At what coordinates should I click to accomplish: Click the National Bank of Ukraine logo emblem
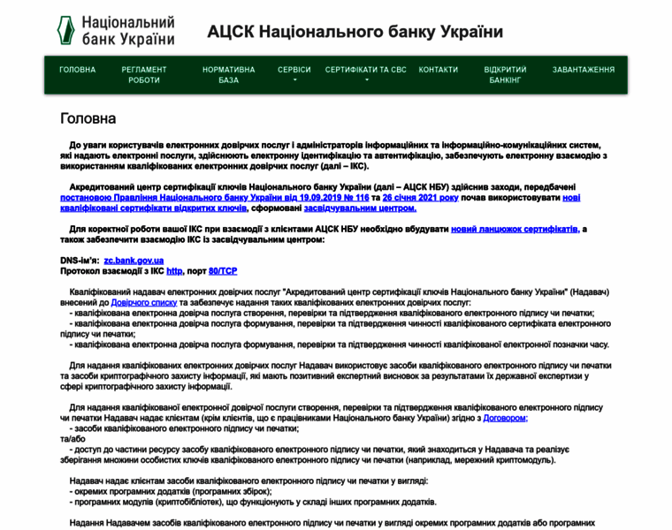click(66, 31)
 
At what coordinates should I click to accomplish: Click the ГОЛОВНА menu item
click(78, 70)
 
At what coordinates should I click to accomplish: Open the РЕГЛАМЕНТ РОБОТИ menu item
click(144, 75)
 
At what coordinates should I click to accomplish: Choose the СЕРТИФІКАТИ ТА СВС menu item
click(366, 70)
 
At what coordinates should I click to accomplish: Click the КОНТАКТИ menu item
click(439, 70)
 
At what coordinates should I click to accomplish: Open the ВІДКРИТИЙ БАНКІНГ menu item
click(506, 75)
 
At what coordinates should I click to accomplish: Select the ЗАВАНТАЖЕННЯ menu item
click(584, 70)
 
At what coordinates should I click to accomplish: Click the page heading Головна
click(88, 118)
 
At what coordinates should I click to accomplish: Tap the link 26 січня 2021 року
click(420, 198)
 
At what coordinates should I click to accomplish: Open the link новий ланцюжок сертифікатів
click(515, 229)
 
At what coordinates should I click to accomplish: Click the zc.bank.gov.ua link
click(134, 261)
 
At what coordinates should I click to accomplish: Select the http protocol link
click(175, 271)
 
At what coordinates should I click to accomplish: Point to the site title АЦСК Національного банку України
click(355, 32)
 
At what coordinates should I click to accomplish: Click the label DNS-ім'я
click(79, 261)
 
